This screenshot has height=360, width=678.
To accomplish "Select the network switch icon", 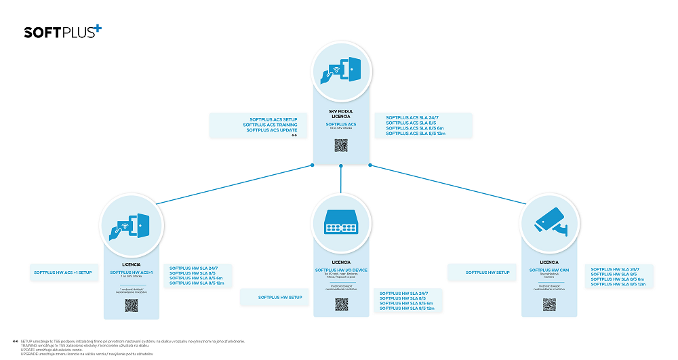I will pyautogui.click(x=340, y=221).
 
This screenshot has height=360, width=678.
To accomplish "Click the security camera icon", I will pyautogui.click(x=549, y=221).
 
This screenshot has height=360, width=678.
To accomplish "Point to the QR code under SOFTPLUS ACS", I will pyautogui.click(x=341, y=144).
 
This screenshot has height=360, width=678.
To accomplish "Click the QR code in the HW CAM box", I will pyautogui.click(x=549, y=304).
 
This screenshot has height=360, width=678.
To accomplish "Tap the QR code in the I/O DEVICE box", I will pyautogui.click(x=341, y=304).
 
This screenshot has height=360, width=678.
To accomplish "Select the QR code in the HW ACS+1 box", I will pyautogui.click(x=132, y=304).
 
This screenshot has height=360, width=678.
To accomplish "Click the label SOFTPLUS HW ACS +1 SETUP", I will pyautogui.click(x=62, y=273).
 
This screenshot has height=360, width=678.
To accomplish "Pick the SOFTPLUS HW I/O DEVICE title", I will pyautogui.click(x=341, y=270).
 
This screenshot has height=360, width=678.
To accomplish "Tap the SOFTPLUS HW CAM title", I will pyautogui.click(x=549, y=270).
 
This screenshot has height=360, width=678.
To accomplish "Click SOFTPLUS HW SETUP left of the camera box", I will pyautogui.click(x=487, y=273).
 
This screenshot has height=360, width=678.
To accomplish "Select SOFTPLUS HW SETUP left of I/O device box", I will pyautogui.click(x=280, y=297).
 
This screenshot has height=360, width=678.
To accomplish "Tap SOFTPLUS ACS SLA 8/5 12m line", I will pyautogui.click(x=415, y=134).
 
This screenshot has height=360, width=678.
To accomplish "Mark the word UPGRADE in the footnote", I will pyautogui.click(x=29, y=354).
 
